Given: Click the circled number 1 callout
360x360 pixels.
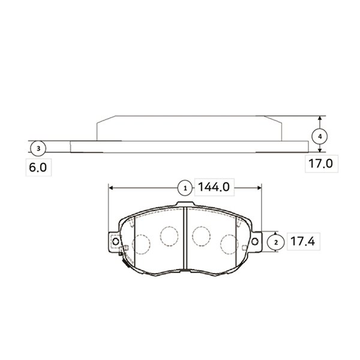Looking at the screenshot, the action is (185, 188).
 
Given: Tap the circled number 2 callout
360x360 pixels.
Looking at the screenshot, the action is (276, 242).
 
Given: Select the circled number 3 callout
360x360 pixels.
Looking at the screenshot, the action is (38, 148).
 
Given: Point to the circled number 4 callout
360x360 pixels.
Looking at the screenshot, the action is (320, 136).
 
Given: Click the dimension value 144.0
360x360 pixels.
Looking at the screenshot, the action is (214, 187).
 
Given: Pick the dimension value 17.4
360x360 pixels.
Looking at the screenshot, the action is (302, 241).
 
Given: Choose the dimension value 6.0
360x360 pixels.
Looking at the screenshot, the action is (38, 167).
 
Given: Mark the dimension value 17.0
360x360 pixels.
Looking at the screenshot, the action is (320, 163).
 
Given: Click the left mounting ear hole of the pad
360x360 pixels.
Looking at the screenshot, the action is (115, 241).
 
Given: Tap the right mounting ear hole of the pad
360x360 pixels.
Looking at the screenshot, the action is (255, 241).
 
